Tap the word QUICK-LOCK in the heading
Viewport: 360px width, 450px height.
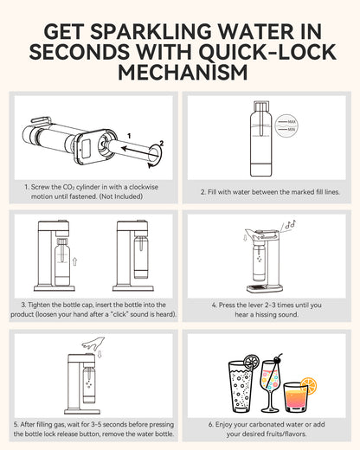[256, 51]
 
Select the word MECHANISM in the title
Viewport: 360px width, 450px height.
[179, 73]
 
